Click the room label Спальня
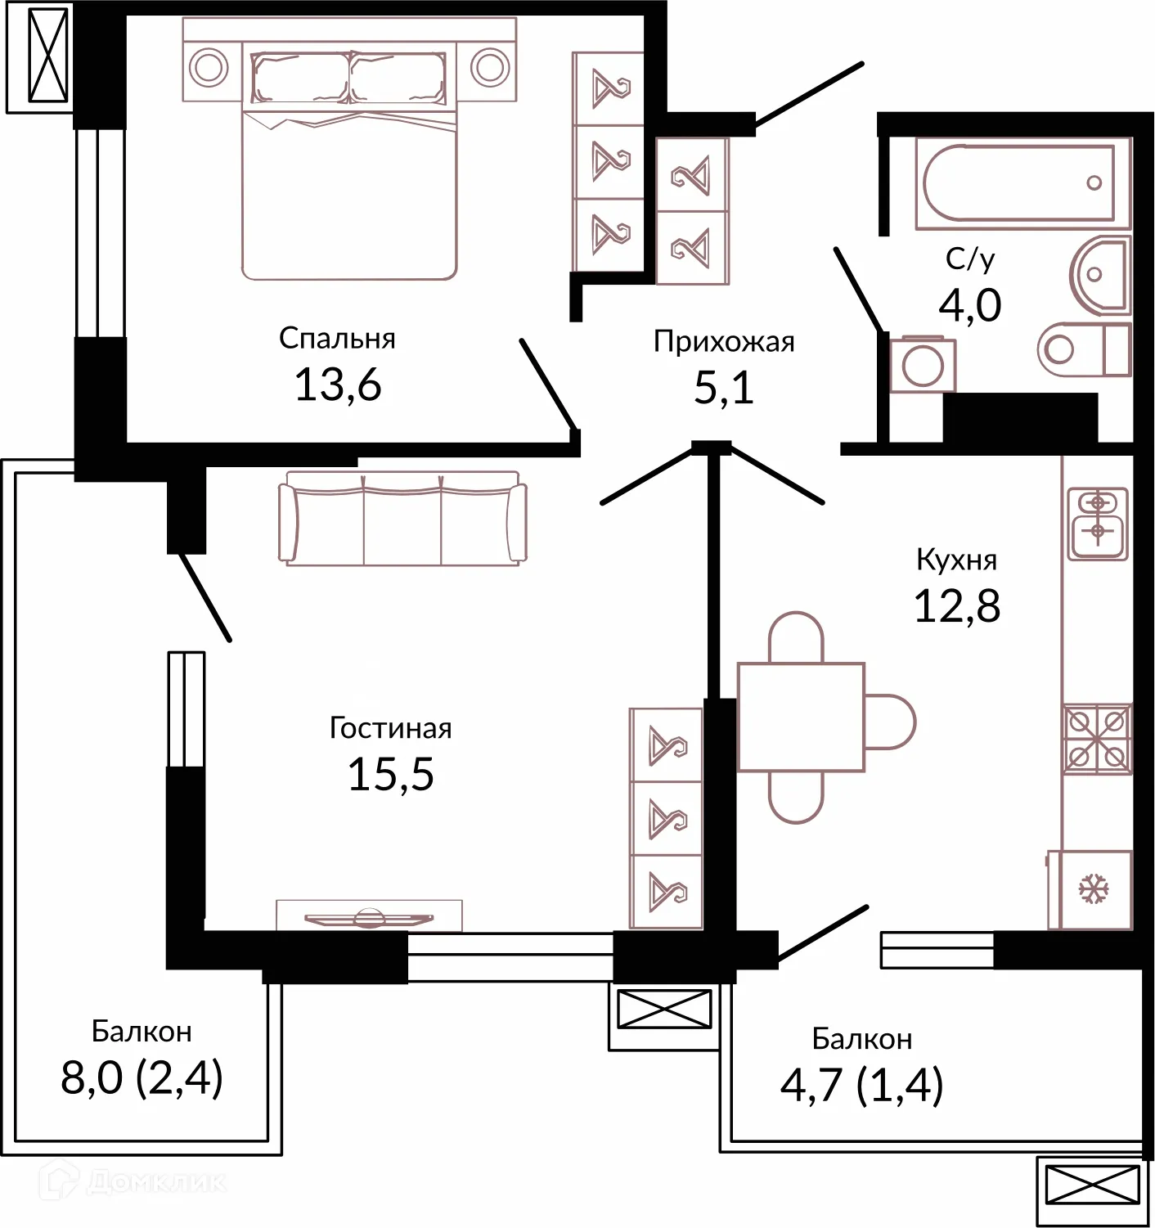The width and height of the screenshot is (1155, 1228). [x=337, y=338]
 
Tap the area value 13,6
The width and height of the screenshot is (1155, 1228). [x=338, y=384]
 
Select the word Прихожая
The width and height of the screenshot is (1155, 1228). [x=724, y=341]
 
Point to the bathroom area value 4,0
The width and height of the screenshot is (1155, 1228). [x=969, y=305]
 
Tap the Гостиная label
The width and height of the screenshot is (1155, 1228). [x=391, y=728]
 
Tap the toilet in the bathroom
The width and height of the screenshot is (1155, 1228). [x=1085, y=349]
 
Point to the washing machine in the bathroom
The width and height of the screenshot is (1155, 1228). [x=923, y=364]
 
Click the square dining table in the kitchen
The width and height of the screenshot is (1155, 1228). [x=801, y=717]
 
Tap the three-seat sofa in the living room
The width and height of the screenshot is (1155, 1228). [x=402, y=518]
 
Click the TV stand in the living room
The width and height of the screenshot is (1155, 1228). [x=369, y=915]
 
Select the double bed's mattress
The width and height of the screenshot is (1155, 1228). [x=349, y=196]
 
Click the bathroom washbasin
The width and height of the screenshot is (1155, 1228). [x=1101, y=274]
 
